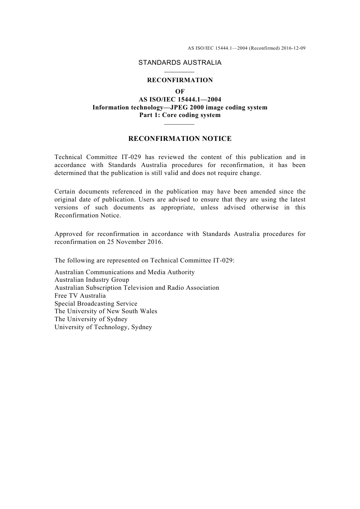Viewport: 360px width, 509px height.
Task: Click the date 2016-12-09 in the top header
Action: pyautogui.click(x=293, y=48)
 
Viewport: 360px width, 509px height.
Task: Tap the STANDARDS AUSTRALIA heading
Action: pyautogui.click(x=180, y=63)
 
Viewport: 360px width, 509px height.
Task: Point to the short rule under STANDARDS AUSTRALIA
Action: pyautogui.click(x=180, y=72)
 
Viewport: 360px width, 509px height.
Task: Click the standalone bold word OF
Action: pyautogui.click(x=180, y=92)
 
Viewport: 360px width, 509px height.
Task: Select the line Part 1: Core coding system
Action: pyautogui.click(x=180, y=115)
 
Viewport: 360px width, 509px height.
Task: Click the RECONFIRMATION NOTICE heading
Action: pyautogui.click(x=180, y=139)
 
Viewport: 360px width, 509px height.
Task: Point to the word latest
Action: pyautogui.click(x=296, y=200)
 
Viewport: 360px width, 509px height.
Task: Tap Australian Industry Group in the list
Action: pyautogui.click(x=92, y=280)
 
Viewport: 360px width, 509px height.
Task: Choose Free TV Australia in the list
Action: pyautogui.click(x=80, y=296)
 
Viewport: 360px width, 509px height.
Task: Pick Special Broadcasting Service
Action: pyautogui.click(x=96, y=304)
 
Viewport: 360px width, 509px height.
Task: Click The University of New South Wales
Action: pyautogui.click(x=106, y=311)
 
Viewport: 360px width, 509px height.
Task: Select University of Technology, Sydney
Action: pyautogui.click(x=103, y=327)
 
